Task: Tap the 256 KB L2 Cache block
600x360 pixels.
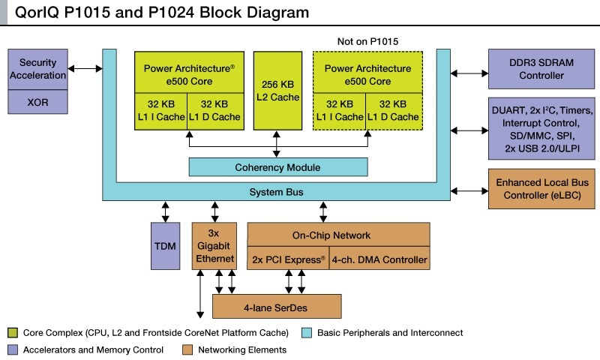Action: point(277,90)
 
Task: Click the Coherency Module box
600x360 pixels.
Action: point(277,166)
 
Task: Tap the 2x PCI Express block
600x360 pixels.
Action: point(287,260)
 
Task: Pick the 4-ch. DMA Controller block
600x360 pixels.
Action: point(379,260)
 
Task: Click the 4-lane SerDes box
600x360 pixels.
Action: point(277,306)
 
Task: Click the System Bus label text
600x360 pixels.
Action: point(277,193)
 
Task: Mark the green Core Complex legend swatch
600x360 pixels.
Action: point(12,332)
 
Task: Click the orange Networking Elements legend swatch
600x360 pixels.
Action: point(187,349)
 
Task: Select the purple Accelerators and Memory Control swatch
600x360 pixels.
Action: point(12,349)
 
